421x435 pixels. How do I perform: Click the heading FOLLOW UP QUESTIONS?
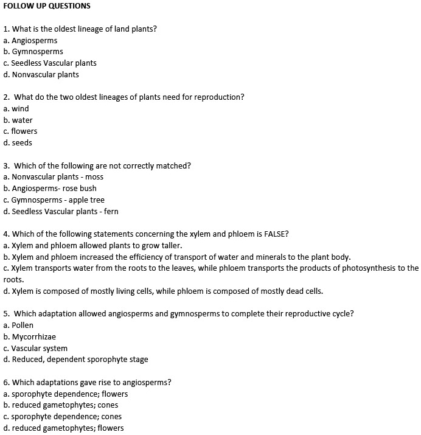47,6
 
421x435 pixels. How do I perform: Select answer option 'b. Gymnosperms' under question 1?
33,52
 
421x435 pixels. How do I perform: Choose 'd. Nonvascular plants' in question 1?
41,75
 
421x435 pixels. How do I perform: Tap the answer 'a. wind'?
16,109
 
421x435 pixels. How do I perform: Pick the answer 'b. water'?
18,120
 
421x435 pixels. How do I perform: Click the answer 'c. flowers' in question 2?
20,131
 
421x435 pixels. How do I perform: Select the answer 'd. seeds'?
18,143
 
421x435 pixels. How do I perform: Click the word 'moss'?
94,177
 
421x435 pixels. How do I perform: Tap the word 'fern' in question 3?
111,212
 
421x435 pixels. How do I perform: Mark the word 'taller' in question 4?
169,246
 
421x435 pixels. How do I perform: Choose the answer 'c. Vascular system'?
35,349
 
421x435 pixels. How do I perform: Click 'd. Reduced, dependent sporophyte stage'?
75,360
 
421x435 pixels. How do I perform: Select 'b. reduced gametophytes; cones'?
61,405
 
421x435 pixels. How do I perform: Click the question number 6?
5,383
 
